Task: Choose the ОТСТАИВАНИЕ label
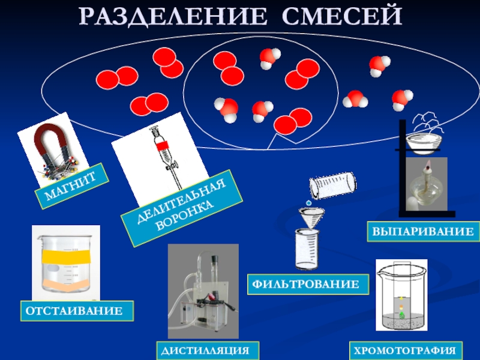tap(77, 311)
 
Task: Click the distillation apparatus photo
tap(203, 294)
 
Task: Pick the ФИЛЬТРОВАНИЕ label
tap(307, 284)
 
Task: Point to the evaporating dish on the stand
tap(424, 142)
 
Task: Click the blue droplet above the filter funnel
tap(309, 203)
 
